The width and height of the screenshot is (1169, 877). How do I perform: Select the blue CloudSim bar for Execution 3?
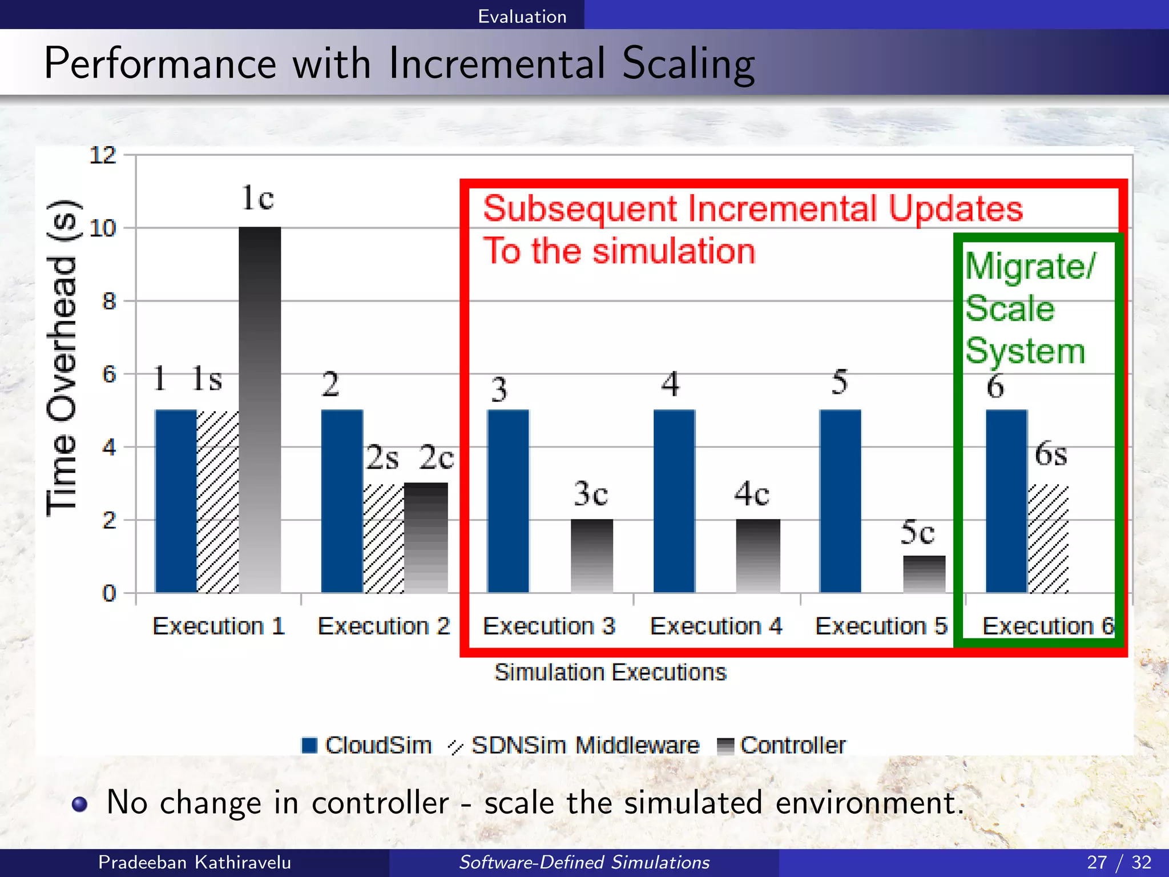click(x=508, y=501)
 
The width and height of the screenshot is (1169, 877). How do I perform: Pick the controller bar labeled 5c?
click(x=924, y=574)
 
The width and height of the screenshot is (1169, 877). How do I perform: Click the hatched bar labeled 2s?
click(x=383, y=538)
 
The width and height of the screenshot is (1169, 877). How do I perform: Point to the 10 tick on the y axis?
click(x=103, y=228)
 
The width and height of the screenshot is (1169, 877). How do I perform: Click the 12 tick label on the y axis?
click(x=103, y=155)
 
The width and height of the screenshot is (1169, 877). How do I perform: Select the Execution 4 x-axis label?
click(x=716, y=626)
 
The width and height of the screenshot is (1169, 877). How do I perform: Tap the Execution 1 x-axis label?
click(x=219, y=626)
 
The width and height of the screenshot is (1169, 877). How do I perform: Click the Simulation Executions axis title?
click(x=610, y=673)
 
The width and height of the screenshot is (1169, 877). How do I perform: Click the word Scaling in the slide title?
click(x=688, y=64)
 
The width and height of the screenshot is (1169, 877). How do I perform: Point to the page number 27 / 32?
click(x=1119, y=862)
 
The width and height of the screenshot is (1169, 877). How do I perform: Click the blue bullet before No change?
click(x=80, y=804)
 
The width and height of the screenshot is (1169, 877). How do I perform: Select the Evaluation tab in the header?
click(x=522, y=16)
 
